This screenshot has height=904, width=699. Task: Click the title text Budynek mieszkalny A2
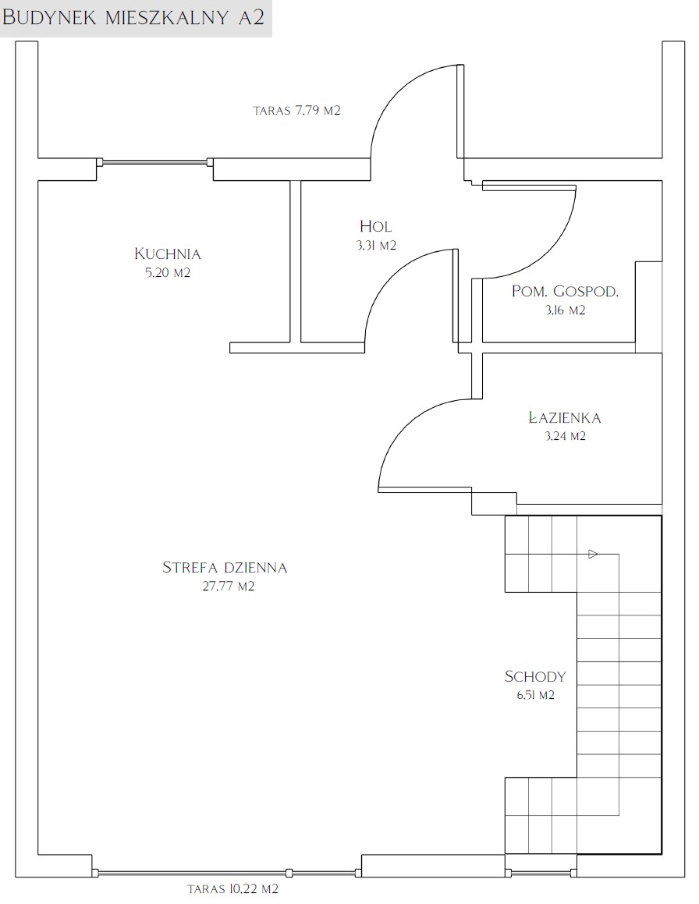click(x=133, y=17)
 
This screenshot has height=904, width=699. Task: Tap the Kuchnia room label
click(x=167, y=253)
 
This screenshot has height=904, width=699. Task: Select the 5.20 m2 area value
click(x=168, y=273)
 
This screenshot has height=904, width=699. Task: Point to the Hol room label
click(x=375, y=226)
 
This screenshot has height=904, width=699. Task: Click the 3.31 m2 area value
click(x=376, y=246)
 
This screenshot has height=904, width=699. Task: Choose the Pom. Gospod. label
click(x=565, y=292)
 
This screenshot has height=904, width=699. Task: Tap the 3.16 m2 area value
click(x=565, y=310)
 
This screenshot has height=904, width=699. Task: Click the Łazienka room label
click(x=565, y=417)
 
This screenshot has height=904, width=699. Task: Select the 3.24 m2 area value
click(x=565, y=437)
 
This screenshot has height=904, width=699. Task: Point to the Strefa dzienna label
click(x=225, y=567)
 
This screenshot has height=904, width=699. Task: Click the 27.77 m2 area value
click(x=229, y=587)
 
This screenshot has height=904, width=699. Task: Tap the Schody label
click(x=535, y=676)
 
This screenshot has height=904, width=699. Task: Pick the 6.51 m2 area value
click(x=536, y=695)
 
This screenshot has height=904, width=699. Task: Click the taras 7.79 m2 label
click(x=297, y=110)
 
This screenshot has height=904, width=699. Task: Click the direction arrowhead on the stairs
click(x=593, y=555)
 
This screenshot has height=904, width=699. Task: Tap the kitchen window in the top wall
click(x=154, y=162)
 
